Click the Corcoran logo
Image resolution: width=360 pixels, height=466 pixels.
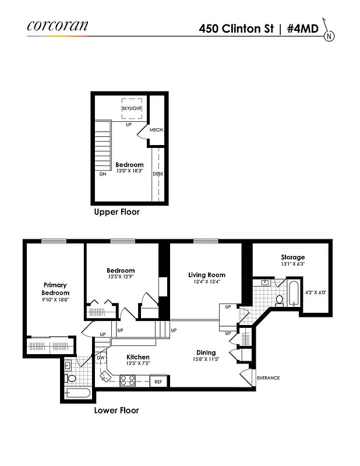tap(57, 26)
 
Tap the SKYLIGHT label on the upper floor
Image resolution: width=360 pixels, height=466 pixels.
tap(132, 108)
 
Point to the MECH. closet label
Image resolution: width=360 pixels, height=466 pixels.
tap(156, 130)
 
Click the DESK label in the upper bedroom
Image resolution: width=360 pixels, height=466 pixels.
tap(157, 174)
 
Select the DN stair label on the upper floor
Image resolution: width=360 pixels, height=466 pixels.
tap(103, 174)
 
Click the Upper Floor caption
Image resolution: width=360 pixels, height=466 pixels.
tap(117, 213)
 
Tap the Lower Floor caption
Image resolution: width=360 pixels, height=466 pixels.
tap(117, 410)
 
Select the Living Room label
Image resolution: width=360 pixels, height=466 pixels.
tap(206, 275)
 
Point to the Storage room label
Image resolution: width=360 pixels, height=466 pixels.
tap(292, 257)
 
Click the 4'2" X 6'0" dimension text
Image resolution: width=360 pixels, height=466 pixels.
tap(315, 292)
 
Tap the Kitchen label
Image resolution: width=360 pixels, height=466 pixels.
tap(138, 357)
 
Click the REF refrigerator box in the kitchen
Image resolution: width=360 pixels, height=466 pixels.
tap(158, 382)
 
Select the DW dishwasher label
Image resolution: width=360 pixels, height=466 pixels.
tap(100, 358)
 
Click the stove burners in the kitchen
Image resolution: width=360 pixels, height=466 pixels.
tap(128, 382)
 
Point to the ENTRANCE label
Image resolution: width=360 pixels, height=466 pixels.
tap(268, 378)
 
